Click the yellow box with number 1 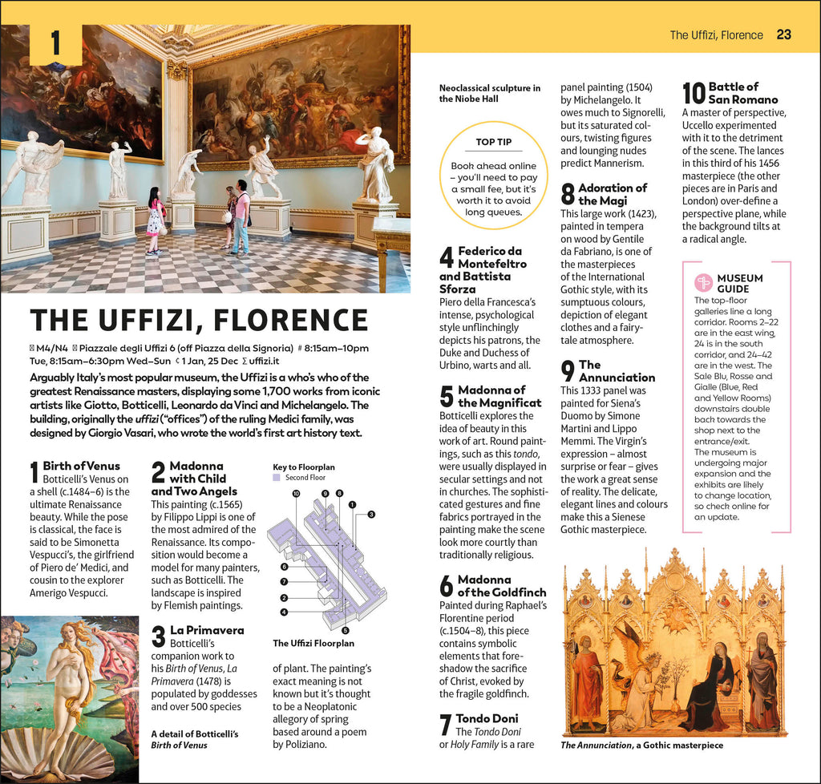(55, 44)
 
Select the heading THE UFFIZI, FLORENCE (199, 321)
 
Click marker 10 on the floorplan (296, 494)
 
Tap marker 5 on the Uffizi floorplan (345, 631)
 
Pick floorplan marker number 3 (371, 514)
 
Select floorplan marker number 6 (285, 567)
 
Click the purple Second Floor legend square (277, 478)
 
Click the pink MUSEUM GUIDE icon (704, 282)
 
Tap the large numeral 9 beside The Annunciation (568, 371)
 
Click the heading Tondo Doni (487, 718)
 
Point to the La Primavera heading (207, 631)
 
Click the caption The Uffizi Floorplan (314, 643)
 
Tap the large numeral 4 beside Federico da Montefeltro (447, 258)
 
